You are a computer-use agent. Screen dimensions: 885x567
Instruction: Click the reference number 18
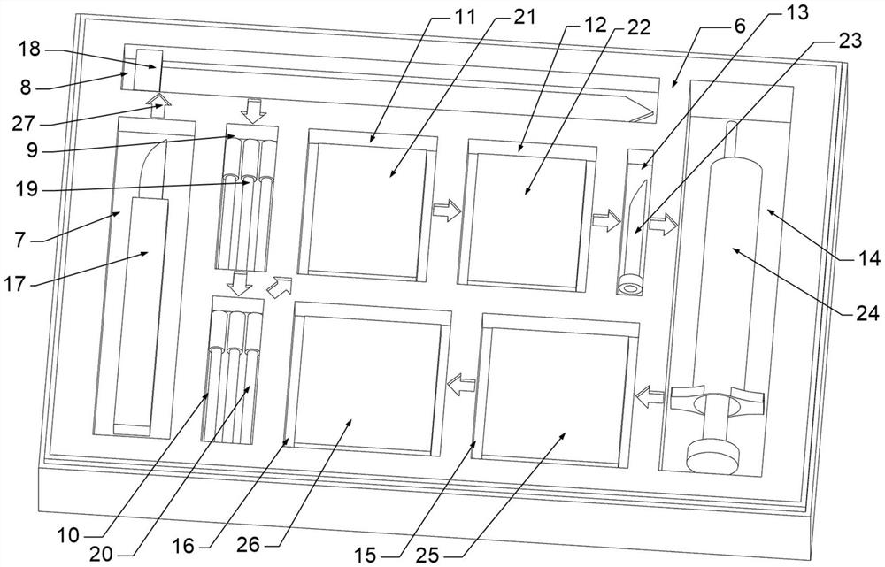(30, 49)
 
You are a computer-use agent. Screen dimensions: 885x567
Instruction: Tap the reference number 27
(24, 124)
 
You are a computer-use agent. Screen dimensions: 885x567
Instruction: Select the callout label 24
(868, 312)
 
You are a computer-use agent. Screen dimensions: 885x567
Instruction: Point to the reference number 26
(248, 544)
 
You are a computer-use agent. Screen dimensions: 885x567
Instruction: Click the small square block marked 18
(149, 70)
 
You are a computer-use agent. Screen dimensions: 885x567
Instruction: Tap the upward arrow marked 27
(158, 105)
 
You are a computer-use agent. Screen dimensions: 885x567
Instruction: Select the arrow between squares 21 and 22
(447, 210)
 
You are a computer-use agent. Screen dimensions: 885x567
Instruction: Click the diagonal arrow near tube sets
(280, 287)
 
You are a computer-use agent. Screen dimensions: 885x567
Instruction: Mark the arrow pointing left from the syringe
(650, 397)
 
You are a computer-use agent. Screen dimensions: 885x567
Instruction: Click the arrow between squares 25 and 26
(461, 385)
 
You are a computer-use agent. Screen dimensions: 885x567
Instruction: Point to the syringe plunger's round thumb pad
(712, 455)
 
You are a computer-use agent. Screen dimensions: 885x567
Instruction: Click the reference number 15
(366, 556)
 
